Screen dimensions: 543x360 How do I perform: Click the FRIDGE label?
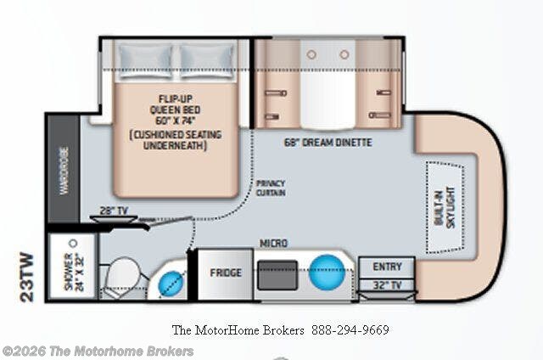coord(226,273)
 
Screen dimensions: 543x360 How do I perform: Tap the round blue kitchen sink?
coord(327,272)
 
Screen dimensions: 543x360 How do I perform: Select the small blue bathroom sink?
coord(171,283)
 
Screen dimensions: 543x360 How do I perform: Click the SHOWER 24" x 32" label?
coord(74,272)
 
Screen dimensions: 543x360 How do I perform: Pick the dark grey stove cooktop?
coord(277,275)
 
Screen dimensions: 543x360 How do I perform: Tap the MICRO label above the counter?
coord(273,243)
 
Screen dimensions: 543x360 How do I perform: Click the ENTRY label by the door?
coord(387,267)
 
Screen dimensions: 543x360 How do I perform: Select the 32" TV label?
coord(387,285)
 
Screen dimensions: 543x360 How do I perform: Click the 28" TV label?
coord(114,211)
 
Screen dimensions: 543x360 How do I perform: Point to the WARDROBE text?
coord(64,171)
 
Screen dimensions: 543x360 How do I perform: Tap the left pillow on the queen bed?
coord(145,60)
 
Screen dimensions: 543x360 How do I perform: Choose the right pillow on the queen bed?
coord(207,60)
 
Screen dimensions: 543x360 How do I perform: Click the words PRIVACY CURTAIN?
coord(271,188)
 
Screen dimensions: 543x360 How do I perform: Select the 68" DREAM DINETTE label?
coord(328,143)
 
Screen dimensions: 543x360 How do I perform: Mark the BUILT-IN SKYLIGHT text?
coord(445,207)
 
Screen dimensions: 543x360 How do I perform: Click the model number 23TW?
coord(27,278)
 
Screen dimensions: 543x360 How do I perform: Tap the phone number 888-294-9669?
coord(350,329)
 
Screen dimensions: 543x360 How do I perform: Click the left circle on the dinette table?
coord(311,54)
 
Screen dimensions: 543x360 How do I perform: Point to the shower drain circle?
coord(73,243)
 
